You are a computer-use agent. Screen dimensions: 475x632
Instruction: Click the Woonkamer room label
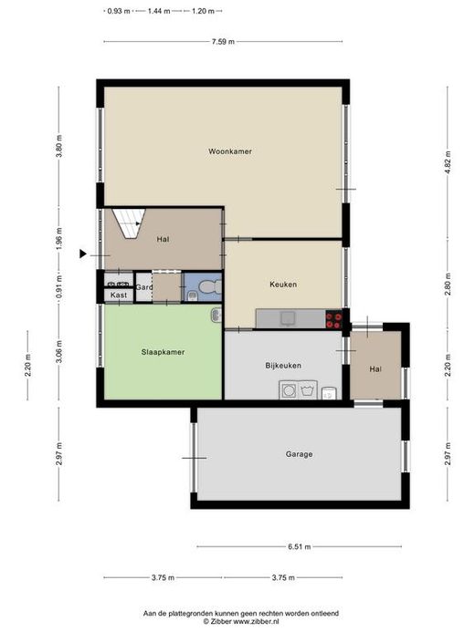(230, 151)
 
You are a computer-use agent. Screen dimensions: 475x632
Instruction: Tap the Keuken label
(283, 285)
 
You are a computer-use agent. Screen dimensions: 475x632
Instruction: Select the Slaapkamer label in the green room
(163, 352)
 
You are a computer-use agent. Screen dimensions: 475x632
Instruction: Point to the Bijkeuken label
(283, 366)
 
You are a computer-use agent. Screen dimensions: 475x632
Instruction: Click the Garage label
(299, 454)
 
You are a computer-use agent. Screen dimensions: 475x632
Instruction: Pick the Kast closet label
(119, 295)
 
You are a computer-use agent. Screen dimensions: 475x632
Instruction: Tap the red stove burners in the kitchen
(334, 319)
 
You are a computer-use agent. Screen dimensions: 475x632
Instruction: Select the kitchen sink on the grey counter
(288, 318)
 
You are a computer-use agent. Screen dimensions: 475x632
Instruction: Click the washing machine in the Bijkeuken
(289, 390)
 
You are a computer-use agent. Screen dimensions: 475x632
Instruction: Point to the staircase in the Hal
(129, 223)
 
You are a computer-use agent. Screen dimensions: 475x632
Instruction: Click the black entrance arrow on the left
(83, 254)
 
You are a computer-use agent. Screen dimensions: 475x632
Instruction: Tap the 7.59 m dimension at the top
(223, 42)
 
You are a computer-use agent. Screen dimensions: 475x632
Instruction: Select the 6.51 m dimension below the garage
(299, 547)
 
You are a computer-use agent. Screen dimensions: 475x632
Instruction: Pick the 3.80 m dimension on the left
(59, 147)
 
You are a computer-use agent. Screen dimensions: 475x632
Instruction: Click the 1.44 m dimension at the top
(159, 11)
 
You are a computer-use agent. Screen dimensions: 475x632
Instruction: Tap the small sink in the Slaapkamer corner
(216, 315)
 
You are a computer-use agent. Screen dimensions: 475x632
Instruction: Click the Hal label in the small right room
(375, 369)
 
